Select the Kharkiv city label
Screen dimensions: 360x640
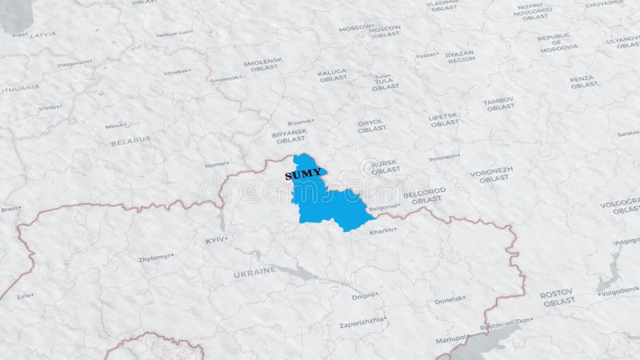[x=382, y=231]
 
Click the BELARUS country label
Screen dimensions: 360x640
[x=130, y=138]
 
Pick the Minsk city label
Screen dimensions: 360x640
[x=116, y=126]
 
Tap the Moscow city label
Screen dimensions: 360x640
[x=355, y=27]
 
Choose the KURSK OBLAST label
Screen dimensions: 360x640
[x=385, y=166]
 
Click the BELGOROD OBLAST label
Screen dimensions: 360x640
[x=423, y=194]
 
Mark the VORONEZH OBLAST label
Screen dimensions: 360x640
[x=490, y=174]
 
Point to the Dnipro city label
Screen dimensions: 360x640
[x=365, y=296]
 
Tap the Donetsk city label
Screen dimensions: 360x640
[x=449, y=300]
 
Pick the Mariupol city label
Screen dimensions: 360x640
[x=450, y=338]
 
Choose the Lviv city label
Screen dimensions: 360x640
[x=26, y=295]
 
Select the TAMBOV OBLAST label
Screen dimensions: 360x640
[x=499, y=102]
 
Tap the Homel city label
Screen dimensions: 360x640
[x=217, y=165]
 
